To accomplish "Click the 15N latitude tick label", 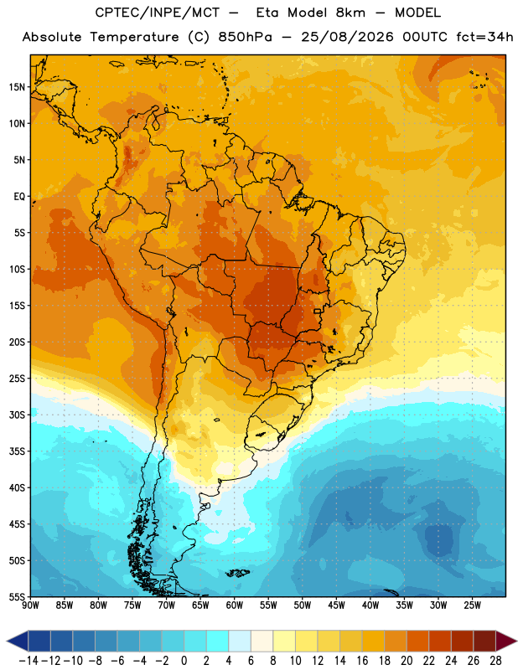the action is click(17, 87).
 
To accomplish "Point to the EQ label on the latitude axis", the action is click(19, 197).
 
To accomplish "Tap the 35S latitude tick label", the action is click(17, 451).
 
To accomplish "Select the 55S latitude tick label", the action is click(17, 596).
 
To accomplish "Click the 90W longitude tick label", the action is click(31, 606).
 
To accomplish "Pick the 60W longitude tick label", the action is click(235, 606).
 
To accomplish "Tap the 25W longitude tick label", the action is click(472, 606).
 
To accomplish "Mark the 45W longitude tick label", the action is click(337, 606).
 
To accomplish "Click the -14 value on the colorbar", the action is click(28, 661).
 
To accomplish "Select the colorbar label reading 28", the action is click(495, 661).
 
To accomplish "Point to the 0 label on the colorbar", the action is click(184, 661).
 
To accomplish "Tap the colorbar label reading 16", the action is click(362, 661).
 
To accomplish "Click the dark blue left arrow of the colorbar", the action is click(18, 641).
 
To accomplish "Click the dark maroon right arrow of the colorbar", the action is click(506, 641).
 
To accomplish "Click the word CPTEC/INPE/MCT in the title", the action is click(157, 13).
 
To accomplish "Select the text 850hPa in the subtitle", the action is click(245, 37).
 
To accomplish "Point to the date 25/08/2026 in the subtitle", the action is click(347, 37).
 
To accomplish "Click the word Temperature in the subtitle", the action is click(134, 37).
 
